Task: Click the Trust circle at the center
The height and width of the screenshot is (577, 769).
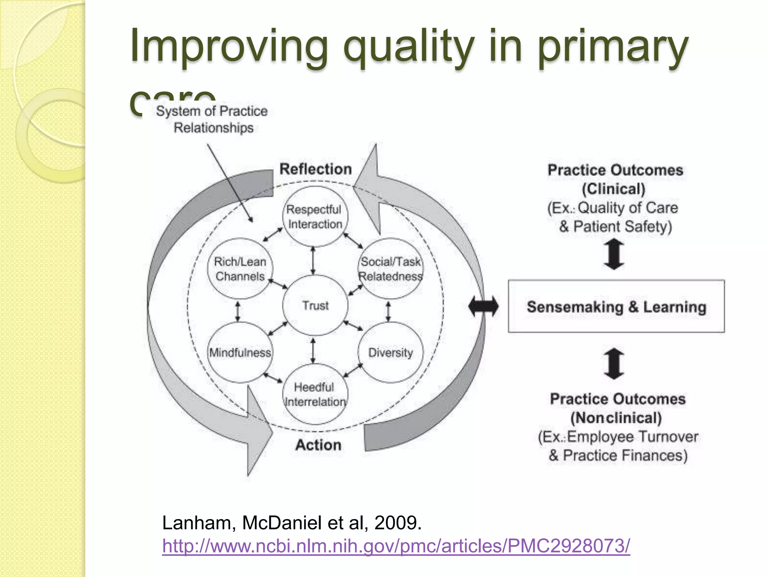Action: [315, 305]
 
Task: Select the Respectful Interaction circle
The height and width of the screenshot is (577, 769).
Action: [315, 217]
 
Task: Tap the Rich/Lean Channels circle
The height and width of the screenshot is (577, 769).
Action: [240, 269]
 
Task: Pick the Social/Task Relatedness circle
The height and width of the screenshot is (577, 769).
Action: [391, 269]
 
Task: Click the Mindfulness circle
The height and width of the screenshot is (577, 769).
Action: [240, 352]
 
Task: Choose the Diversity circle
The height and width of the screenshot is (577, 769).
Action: [391, 352]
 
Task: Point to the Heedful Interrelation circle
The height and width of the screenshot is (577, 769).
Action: [315, 394]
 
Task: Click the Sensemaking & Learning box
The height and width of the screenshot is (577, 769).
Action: [616, 307]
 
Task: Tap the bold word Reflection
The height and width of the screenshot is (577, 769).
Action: [315, 169]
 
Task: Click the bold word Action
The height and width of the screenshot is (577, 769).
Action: [318, 445]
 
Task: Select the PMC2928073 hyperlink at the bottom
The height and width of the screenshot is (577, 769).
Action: [396, 545]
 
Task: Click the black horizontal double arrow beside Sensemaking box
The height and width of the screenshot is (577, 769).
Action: [484, 307]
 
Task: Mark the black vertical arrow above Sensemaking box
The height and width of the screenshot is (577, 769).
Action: [614, 255]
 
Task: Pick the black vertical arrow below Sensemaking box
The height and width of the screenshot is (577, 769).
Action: [614, 364]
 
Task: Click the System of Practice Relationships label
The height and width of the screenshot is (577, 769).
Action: [212, 119]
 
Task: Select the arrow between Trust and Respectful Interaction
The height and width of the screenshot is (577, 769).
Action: [313, 260]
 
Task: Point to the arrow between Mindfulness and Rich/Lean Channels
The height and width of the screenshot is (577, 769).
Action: [237, 311]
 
